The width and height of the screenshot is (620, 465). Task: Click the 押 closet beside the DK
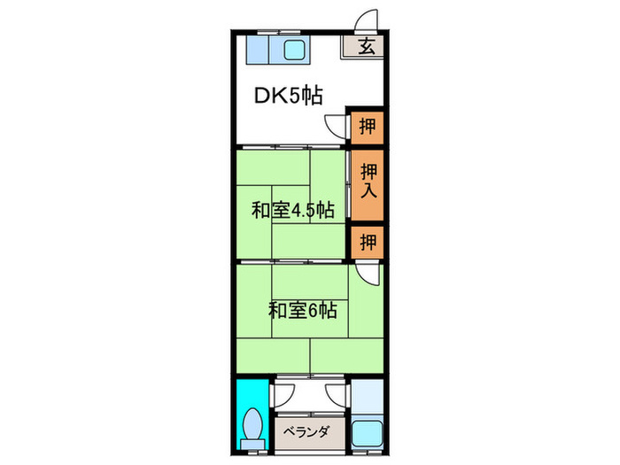[x=367, y=126]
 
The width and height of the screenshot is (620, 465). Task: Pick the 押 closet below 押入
[x=367, y=241]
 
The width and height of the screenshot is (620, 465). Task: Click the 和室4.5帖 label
[x=292, y=211]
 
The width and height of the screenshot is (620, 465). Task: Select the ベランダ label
[x=306, y=432]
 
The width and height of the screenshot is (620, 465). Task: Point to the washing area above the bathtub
[x=367, y=399]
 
